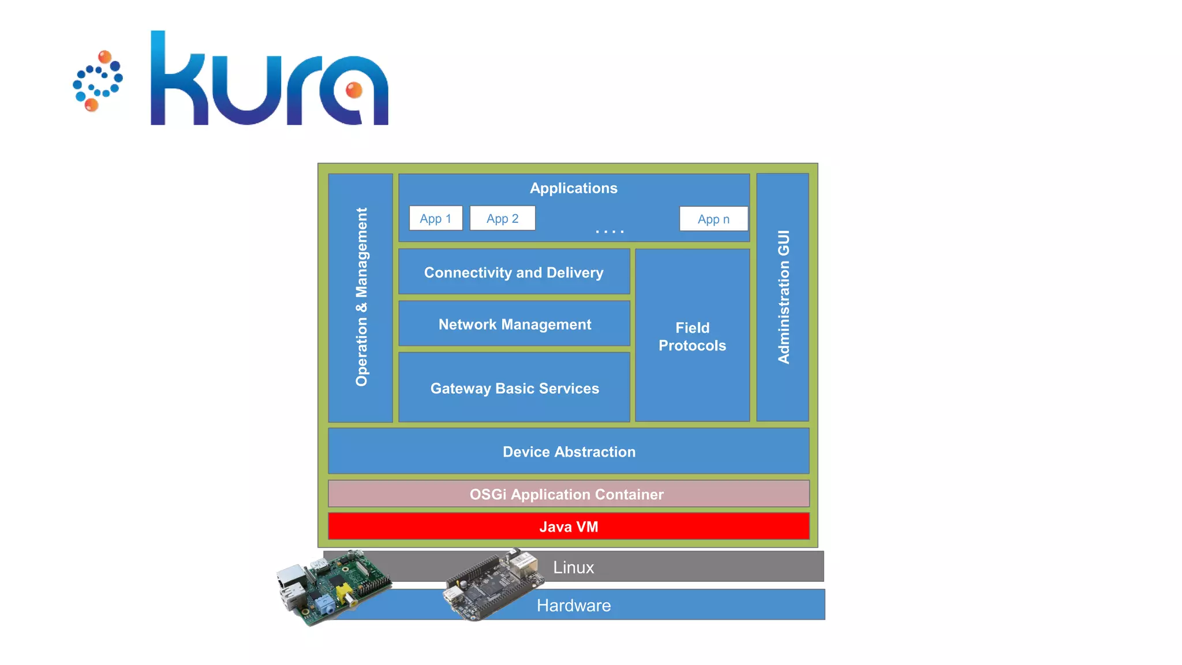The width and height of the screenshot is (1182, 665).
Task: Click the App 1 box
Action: tap(436, 218)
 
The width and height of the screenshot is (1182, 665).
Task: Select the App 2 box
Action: tap(502, 218)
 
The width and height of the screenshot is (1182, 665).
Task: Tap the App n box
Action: tap(713, 219)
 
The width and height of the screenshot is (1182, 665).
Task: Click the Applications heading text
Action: tap(573, 188)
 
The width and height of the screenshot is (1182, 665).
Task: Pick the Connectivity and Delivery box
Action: tap(514, 272)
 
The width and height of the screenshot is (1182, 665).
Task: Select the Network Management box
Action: tap(514, 324)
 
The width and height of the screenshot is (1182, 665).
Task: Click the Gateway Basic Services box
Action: tap(514, 388)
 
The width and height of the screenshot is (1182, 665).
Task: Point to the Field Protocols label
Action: tap(692, 337)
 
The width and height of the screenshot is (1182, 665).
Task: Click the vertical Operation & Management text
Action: tap(361, 297)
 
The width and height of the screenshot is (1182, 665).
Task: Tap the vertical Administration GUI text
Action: tap(783, 297)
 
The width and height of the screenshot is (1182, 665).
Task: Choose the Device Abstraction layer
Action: tap(568, 451)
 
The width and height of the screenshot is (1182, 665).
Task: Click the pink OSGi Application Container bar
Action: tap(566, 494)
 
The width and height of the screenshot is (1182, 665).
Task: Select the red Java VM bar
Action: tap(568, 526)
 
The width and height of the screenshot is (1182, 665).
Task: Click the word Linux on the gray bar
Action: tap(573, 567)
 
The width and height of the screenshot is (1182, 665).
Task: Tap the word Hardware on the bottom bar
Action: tap(573, 605)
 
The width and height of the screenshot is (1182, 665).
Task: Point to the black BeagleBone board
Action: tap(491, 586)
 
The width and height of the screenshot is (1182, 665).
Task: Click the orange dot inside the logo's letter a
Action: tap(354, 90)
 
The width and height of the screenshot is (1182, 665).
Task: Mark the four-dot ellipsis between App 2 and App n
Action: tap(609, 231)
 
